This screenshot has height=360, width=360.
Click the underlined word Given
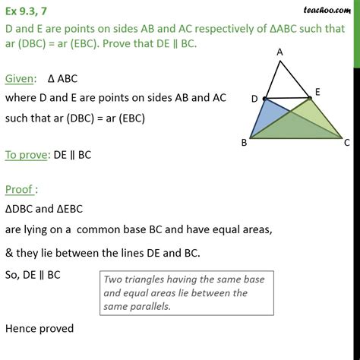(x=22, y=77)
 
